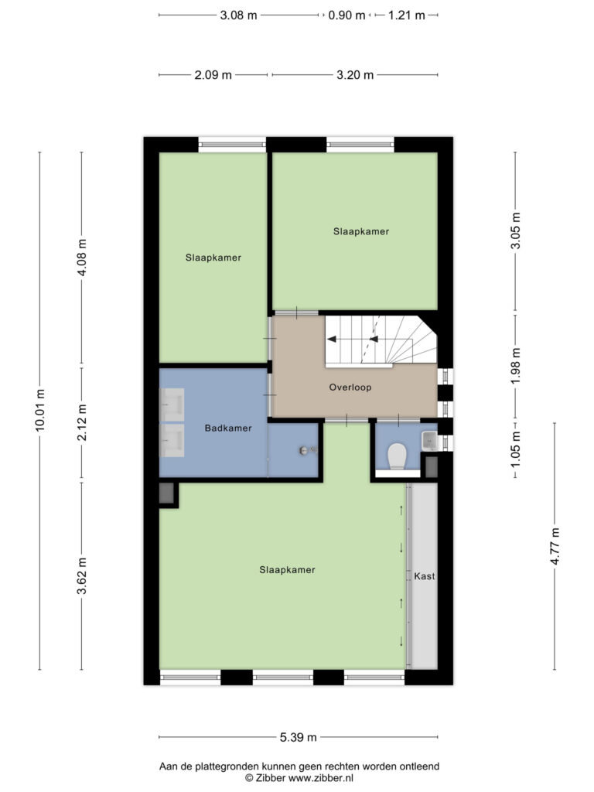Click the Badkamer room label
point(228,428)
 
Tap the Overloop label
point(350,387)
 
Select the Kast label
point(425,575)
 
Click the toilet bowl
point(397,456)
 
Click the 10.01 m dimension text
point(40,410)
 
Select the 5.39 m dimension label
point(298,737)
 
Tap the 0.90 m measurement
point(346,15)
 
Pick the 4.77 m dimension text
point(555,546)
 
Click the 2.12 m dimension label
point(82,422)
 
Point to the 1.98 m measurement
point(515,366)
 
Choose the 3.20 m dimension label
point(355,75)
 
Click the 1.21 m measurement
point(406,15)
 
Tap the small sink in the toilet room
point(429,440)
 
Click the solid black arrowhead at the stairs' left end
point(332,339)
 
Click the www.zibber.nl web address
point(321,778)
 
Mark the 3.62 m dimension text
point(82,575)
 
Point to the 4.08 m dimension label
point(82,257)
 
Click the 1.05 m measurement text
point(515,449)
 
